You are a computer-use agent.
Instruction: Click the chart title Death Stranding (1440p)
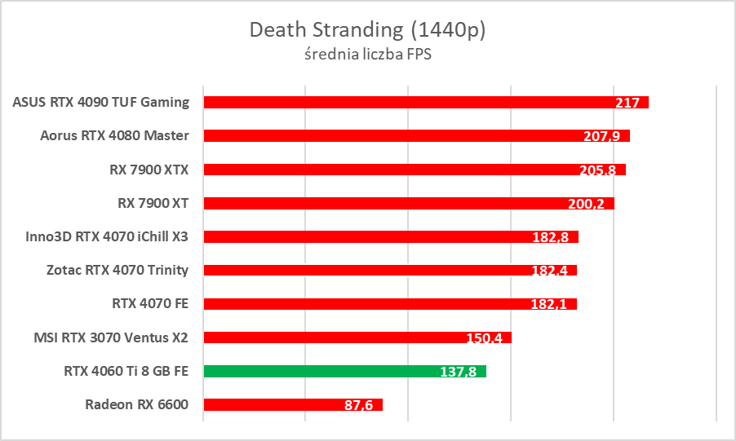(367, 30)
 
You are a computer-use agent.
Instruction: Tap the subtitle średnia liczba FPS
(367, 55)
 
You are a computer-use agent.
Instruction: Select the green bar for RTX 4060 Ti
(344, 371)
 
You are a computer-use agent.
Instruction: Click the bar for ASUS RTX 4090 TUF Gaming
(408, 102)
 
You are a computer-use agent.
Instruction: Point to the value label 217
(627, 104)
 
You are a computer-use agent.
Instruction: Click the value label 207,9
(601, 137)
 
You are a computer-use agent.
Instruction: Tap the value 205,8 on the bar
(600, 170)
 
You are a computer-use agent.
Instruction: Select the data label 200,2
(586, 204)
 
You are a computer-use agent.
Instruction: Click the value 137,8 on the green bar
(458, 372)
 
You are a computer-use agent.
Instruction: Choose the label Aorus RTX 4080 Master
(114, 135)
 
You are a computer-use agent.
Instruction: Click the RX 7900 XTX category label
(149, 170)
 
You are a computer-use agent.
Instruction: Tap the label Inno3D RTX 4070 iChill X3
(108, 236)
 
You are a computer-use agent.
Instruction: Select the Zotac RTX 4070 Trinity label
(117, 270)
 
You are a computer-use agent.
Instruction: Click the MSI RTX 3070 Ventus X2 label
(111, 337)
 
